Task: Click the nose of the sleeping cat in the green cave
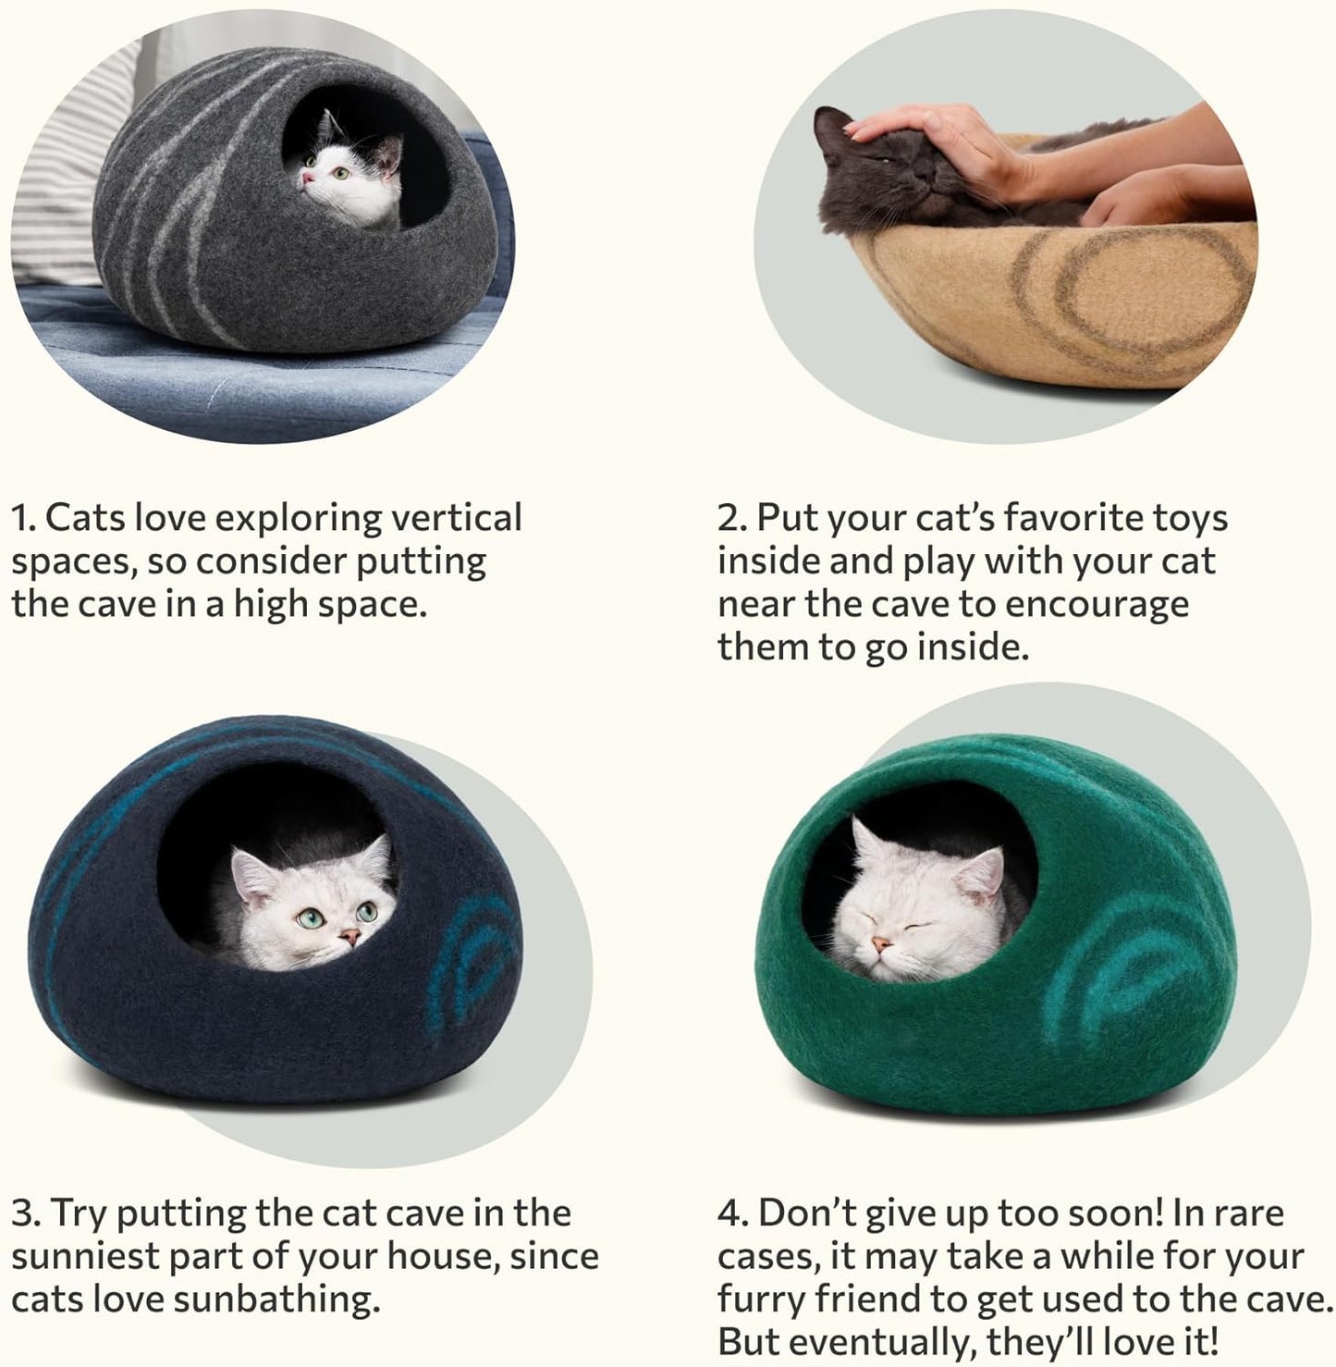[x=883, y=944]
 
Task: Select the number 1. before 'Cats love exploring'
[x=24, y=518]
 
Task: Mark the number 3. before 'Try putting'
[x=26, y=1213]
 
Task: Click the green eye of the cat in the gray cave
[x=340, y=172]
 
